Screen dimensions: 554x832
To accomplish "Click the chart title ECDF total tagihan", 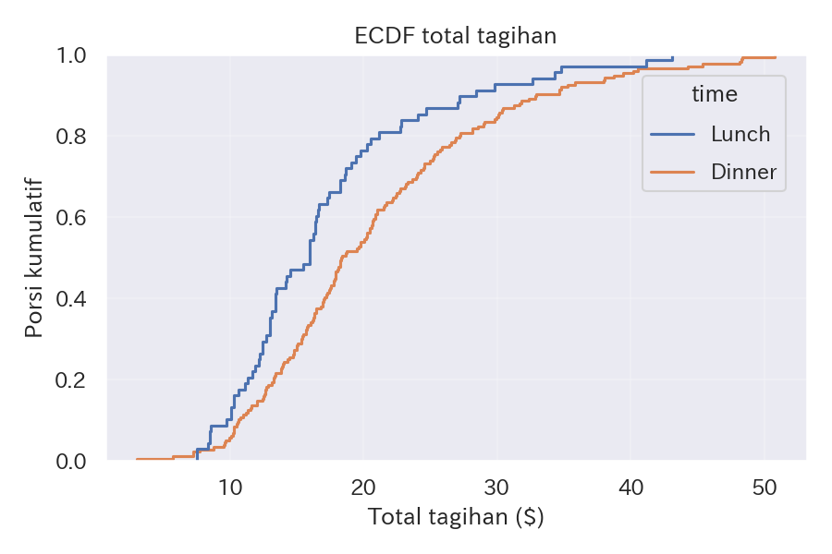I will [x=456, y=36].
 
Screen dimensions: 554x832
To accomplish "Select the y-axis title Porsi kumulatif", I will [x=34, y=258].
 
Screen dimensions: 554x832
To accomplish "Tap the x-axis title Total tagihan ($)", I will [x=456, y=517].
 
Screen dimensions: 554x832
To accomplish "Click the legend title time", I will [x=714, y=94].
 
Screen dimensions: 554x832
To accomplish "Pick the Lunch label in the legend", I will [x=740, y=134].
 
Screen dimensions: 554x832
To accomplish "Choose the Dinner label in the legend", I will [x=744, y=172].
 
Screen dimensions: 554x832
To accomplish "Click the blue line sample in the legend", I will [x=673, y=134].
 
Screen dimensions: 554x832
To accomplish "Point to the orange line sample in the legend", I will [x=673, y=172].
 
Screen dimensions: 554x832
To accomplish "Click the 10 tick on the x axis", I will [x=230, y=486].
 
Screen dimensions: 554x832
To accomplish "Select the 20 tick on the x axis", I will [x=364, y=486].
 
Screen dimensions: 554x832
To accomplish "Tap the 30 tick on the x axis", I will [x=497, y=486].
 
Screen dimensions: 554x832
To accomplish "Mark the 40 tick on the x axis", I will [x=630, y=486].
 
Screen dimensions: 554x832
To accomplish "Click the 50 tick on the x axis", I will [x=765, y=486].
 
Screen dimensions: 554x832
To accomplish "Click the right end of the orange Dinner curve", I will [x=775, y=57].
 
